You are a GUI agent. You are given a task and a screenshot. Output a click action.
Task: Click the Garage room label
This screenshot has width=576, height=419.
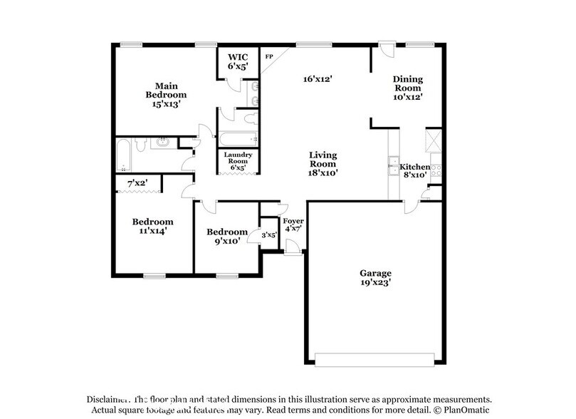pyautogui.click(x=375, y=272)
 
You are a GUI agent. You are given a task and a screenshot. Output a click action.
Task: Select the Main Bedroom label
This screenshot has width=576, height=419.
pyautogui.click(x=166, y=90)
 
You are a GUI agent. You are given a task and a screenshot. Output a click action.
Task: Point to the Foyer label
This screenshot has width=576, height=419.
pyautogui.click(x=293, y=220)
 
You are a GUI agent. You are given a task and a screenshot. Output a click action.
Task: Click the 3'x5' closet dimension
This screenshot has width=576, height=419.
pyautogui.click(x=269, y=234)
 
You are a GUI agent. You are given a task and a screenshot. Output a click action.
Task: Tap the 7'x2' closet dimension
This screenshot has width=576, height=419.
pyautogui.click(x=137, y=184)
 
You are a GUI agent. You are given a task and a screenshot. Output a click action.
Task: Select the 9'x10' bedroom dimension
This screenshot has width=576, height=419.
pyautogui.click(x=226, y=241)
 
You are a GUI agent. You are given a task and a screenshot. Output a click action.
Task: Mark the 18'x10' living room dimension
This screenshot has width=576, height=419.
pyautogui.click(x=323, y=172)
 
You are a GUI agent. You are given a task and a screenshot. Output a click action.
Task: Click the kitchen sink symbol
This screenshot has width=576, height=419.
pyautogui.click(x=393, y=166)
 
